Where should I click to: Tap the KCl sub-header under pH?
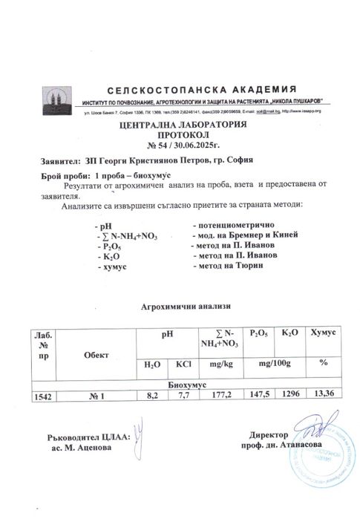[183, 365]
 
